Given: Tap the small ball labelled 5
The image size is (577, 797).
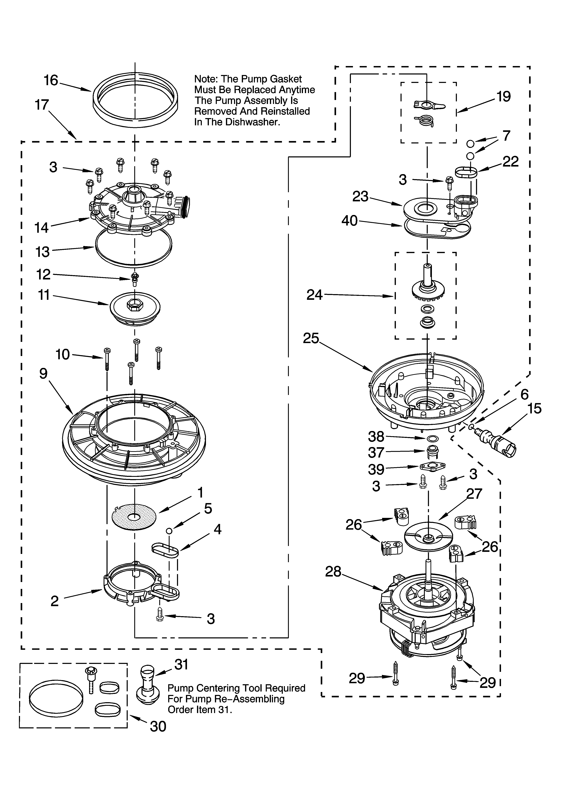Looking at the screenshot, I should coord(169,531).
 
